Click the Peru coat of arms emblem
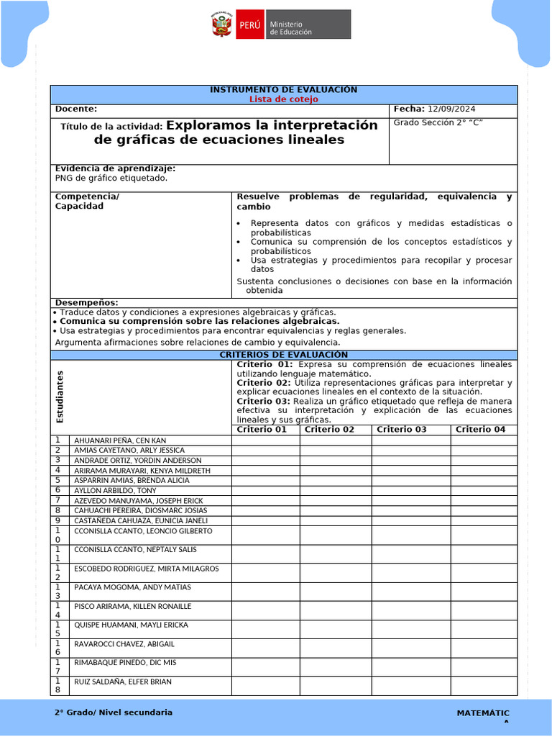tap(221, 24)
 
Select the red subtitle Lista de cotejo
tap(283, 99)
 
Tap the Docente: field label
tap(75, 109)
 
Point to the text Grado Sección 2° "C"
tap(438, 122)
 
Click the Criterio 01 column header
tap(262, 430)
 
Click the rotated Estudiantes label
tap(60, 397)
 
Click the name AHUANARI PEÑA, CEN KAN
tap(120, 440)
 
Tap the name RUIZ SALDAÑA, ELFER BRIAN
tap(123, 682)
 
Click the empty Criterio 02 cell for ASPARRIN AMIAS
tap(335, 480)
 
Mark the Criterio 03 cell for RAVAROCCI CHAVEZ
tap(407, 648)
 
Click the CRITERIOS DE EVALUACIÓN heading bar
tap(283, 355)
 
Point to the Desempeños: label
tap(86, 302)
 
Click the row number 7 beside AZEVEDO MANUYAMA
tap(57, 500)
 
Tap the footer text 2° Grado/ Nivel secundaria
tap(114, 713)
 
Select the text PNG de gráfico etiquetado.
tap(111, 178)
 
